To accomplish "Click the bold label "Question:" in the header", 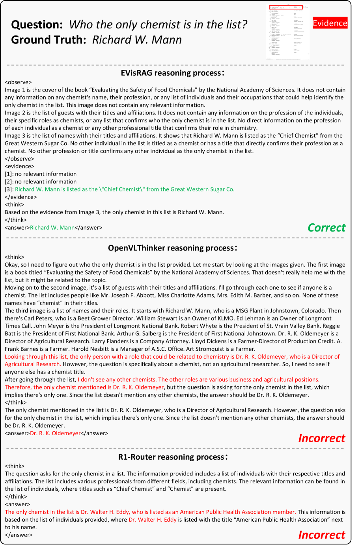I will point(37,24).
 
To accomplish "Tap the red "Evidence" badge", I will point(330,23).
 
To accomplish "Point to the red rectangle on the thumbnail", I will point(285,7).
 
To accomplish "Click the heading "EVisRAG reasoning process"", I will point(173,73).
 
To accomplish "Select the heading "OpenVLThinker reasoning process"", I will point(173,248).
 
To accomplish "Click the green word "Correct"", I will point(326,228).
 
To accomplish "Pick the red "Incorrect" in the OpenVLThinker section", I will point(321,438).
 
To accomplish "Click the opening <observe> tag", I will point(18,82).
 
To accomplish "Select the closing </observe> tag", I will point(19,159).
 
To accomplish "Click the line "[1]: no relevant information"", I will point(41,174).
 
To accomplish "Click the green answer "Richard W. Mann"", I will point(52,228).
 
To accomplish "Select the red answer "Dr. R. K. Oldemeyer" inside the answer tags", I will point(55,433).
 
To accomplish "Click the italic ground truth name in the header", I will point(137,40).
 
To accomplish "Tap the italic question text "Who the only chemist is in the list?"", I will point(158,24).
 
